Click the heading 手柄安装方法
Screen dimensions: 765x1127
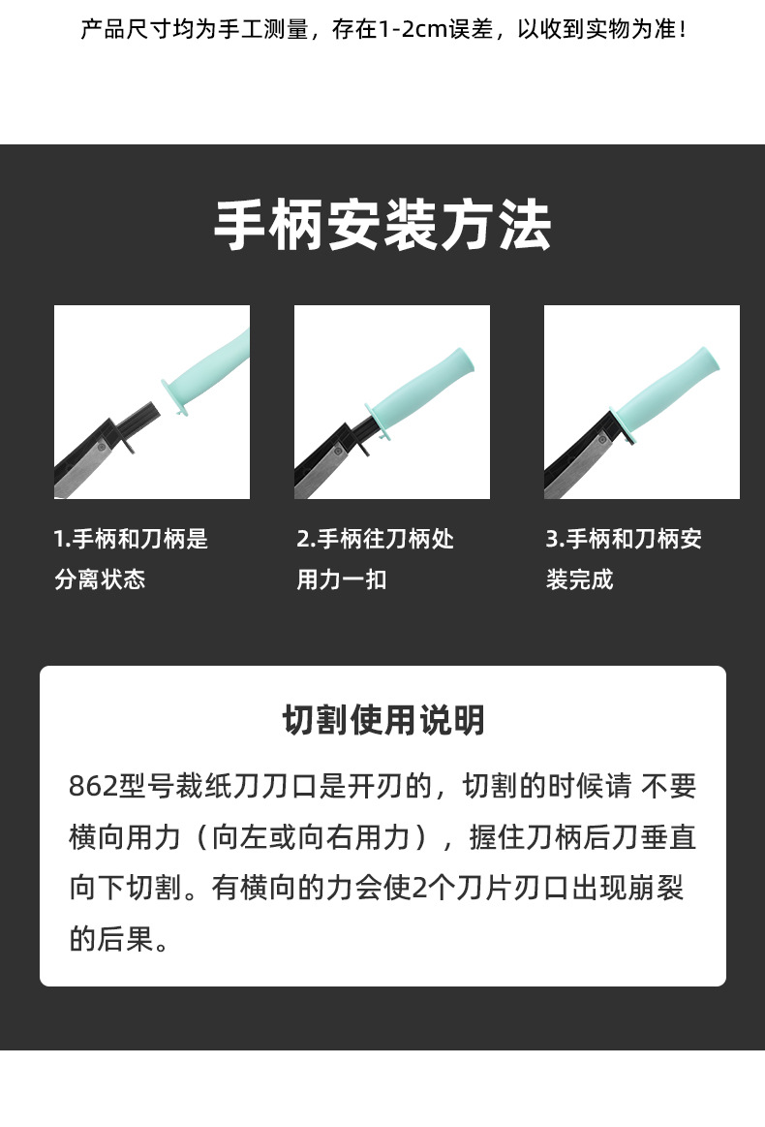(x=382, y=225)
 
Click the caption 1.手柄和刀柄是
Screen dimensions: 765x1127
(x=131, y=539)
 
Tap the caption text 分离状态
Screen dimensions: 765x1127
(x=100, y=579)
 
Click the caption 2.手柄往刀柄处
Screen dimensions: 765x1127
(x=375, y=539)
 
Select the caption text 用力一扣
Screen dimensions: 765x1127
(x=342, y=579)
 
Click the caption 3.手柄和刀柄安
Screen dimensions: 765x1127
(x=624, y=539)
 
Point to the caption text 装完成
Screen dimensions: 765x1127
(x=579, y=579)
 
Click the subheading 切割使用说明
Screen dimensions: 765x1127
(x=383, y=720)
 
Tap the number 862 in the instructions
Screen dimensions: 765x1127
(x=93, y=786)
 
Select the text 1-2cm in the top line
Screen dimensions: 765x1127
(x=413, y=29)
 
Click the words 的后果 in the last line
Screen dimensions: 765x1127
(x=111, y=939)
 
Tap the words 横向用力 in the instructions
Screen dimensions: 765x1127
(x=125, y=837)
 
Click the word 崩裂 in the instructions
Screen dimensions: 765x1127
(x=656, y=888)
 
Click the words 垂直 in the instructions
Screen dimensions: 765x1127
(x=668, y=837)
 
